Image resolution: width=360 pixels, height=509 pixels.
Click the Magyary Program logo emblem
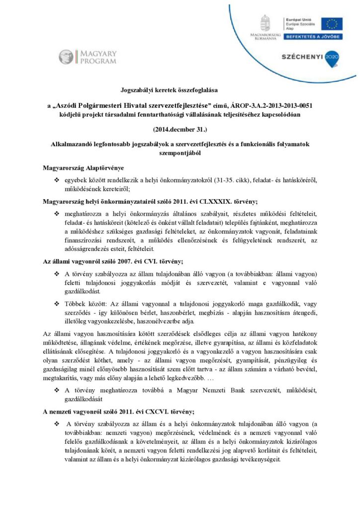(66, 57)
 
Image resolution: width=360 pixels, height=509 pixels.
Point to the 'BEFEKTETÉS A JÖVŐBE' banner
(312, 37)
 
